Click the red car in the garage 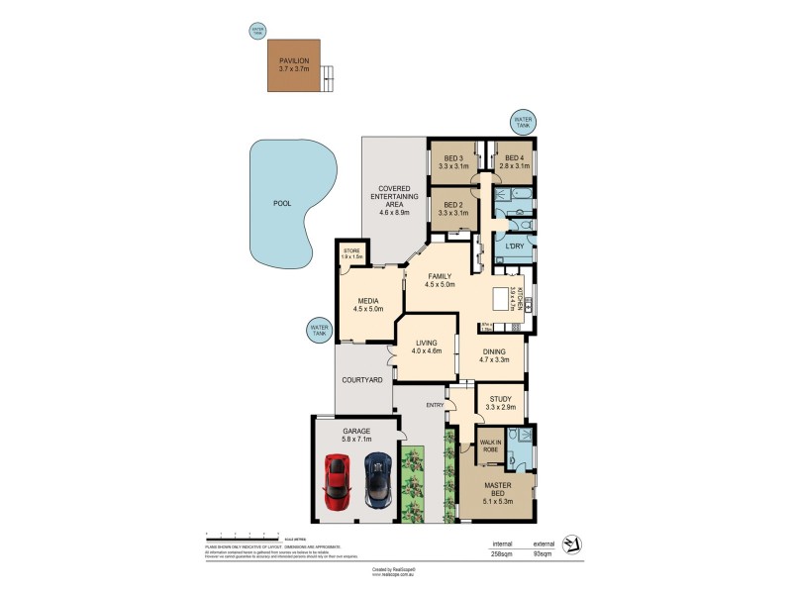pos(338,480)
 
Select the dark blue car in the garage pos(377,479)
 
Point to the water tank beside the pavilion pos(258,32)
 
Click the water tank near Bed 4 pos(522,122)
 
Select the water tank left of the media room pos(319,330)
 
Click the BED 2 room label pos(454,209)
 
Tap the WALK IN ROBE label pos(490,446)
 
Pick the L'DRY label pos(514,246)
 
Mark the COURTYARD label pos(362,380)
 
